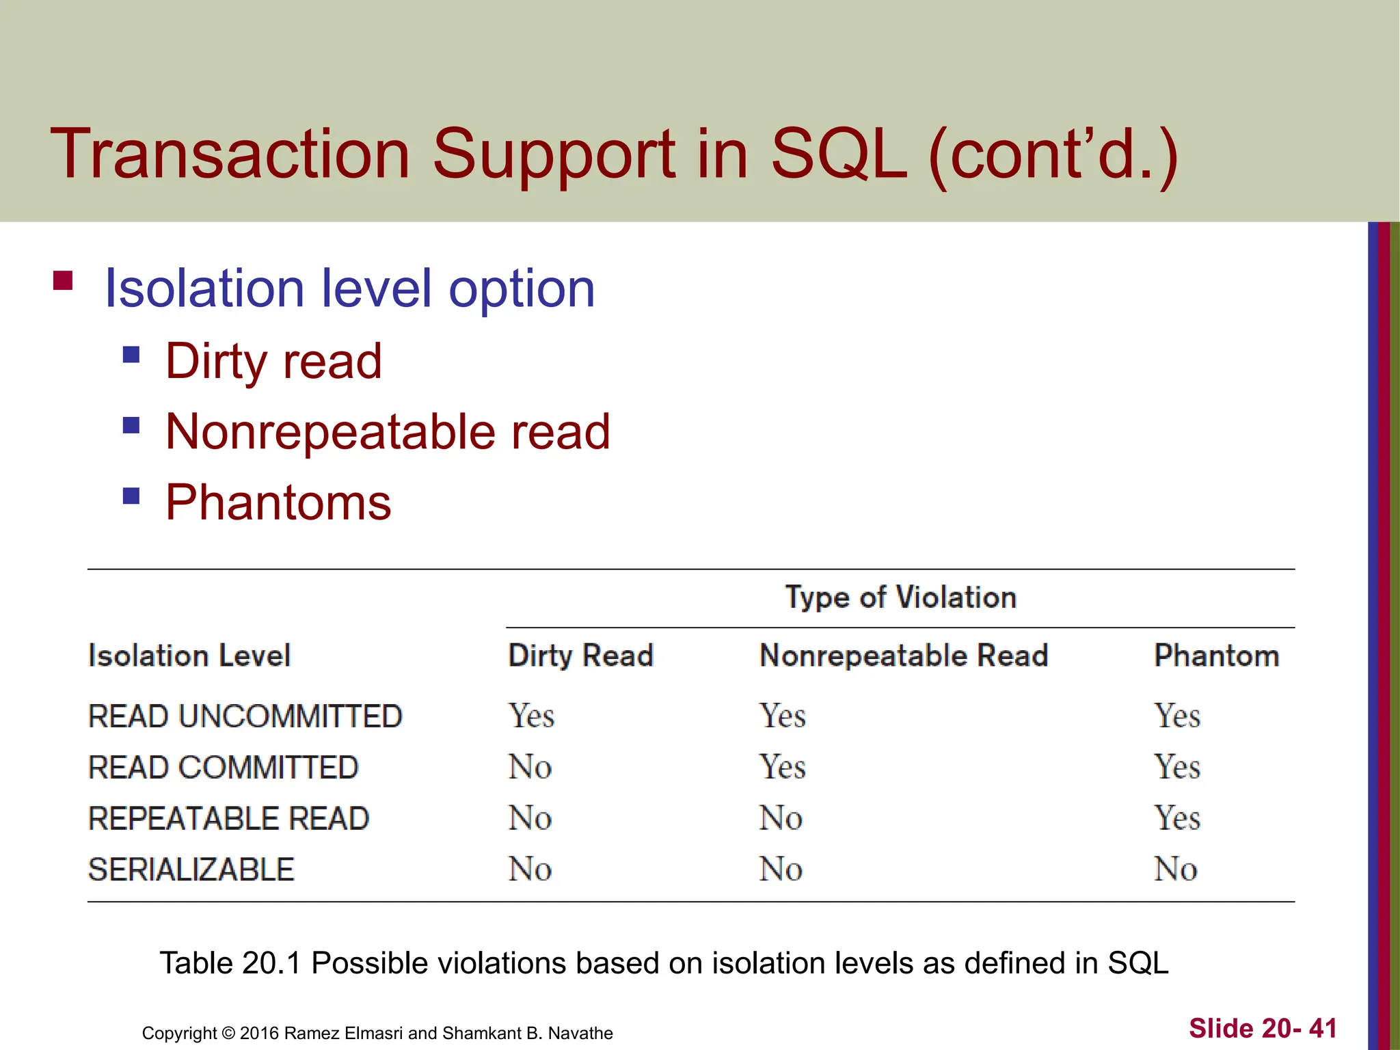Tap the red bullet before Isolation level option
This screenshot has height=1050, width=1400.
(x=63, y=281)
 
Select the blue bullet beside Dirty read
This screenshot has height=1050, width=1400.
(x=131, y=354)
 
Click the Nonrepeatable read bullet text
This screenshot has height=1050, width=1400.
(x=388, y=432)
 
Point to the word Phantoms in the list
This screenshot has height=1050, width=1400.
(x=278, y=503)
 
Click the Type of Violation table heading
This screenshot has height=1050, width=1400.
(x=900, y=597)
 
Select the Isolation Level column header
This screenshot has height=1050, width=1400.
(x=189, y=656)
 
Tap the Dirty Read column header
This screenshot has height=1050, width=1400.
(x=580, y=656)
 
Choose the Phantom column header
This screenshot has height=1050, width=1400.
(x=1216, y=656)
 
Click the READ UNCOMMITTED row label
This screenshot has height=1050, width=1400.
(x=245, y=716)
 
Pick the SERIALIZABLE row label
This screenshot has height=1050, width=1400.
(x=191, y=870)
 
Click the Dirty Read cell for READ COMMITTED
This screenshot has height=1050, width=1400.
(x=530, y=767)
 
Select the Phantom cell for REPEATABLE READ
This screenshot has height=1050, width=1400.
(x=1176, y=818)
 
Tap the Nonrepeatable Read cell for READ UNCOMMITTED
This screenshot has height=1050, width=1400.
(x=782, y=716)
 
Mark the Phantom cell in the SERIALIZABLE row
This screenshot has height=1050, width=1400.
(x=1175, y=870)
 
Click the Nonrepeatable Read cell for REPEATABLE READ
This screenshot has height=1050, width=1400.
(x=780, y=818)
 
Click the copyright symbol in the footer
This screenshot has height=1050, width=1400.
(x=228, y=1033)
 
